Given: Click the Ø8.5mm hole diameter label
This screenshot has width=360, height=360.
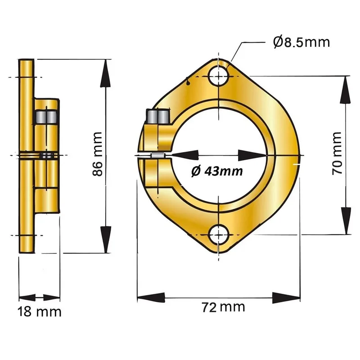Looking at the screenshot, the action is (x=301, y=42).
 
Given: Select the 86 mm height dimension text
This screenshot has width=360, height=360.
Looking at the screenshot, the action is (x=97, y=154).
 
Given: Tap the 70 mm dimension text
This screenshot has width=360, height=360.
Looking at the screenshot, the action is (x=337, y=153).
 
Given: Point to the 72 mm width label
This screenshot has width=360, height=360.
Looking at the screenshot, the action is (x=223, y=307).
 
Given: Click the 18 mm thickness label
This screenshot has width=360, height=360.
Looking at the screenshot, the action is (x=40, y=312).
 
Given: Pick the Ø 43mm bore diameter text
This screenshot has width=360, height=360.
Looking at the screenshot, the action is (x=217, y=171).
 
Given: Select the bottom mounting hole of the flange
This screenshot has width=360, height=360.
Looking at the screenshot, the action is (x=219, y=235).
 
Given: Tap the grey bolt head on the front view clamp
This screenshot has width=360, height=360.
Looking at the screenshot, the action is (x=159, y=117).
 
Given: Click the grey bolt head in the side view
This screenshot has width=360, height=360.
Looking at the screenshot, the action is (x=46, y=117).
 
